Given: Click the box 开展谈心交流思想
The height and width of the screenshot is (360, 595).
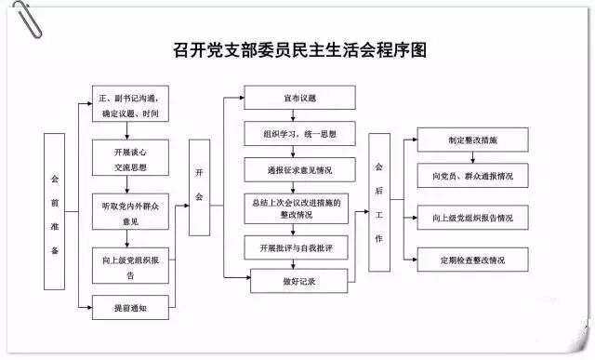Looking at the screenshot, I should point(129,160).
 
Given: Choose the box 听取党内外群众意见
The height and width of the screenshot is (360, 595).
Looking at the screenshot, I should point(129,214).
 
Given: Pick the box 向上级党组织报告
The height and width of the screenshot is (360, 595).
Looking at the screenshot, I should point(129,267).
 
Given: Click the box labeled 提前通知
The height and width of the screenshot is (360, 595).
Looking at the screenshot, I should point(129,308).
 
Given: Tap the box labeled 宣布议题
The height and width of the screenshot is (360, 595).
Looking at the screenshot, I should point(298,98).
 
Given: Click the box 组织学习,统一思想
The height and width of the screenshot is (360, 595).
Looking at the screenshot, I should point(298,136).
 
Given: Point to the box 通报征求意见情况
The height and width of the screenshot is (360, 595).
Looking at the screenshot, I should point(298,171).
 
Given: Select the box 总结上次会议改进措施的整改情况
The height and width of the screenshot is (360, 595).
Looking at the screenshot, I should point(298,208).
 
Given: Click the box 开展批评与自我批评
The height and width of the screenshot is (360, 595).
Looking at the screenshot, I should point(298,247).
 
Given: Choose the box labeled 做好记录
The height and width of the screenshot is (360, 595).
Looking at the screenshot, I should point(298,280).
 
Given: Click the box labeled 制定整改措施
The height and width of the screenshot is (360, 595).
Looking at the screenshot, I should point(472,140).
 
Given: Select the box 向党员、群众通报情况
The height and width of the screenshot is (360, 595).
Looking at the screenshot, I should point(472,175).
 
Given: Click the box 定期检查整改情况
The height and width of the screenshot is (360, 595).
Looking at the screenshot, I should point(472,260).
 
